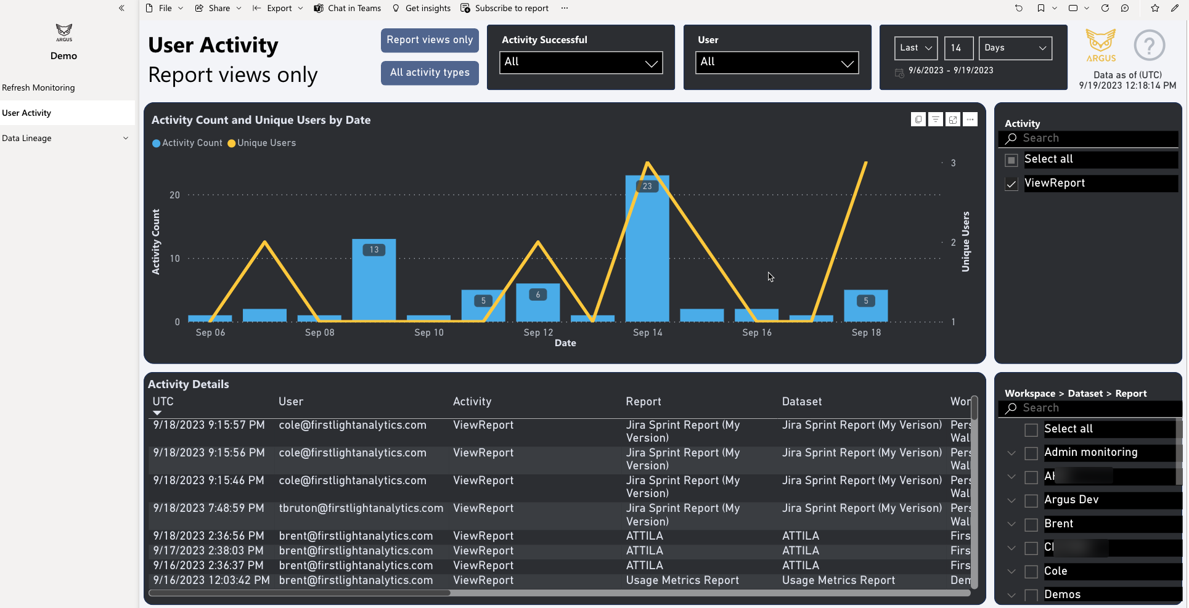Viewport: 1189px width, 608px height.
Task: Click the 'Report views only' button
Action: tap(430, 40)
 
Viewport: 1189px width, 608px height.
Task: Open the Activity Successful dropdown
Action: tap(580, 62)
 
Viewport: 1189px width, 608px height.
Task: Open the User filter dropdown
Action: tap(777, 62)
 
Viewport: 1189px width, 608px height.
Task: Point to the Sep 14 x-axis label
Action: tap(647, 333)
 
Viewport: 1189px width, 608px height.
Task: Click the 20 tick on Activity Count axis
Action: tap(175, 195)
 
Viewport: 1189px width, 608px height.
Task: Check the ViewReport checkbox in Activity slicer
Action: tap(1011, 184)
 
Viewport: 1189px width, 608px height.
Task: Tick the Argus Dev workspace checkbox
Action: tap(1031, 501)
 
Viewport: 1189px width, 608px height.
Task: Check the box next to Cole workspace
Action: tap(1031, 572)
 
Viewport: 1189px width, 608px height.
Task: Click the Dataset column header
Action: tap(801, 402)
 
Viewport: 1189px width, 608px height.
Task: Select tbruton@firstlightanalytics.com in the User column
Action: tap(361, 508)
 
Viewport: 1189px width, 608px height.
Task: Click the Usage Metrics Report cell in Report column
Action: tap(682, 580)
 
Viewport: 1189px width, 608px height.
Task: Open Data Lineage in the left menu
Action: tap(27, 138)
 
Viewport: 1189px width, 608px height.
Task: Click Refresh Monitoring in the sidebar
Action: tap(38, 87)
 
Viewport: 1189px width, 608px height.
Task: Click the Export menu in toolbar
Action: tap(279, 8)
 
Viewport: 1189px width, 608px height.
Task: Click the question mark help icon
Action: tap(1149, 46)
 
